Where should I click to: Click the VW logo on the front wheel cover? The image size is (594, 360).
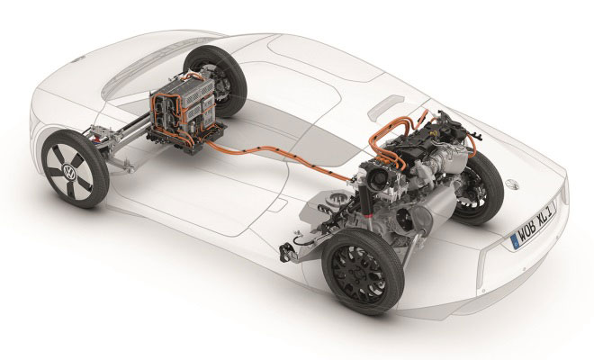pyautogui.click(x=69, y=173)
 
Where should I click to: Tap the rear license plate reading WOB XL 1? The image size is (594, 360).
pyautogui.click(x=534, y=225)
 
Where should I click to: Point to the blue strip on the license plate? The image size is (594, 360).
pyautogui.click(x=515, y=241)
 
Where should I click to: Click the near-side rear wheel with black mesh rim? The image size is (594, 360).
pyautogui.click(x=362, y=271)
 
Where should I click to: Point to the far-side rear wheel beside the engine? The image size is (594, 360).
pyautogui.click(x=478, y=187)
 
